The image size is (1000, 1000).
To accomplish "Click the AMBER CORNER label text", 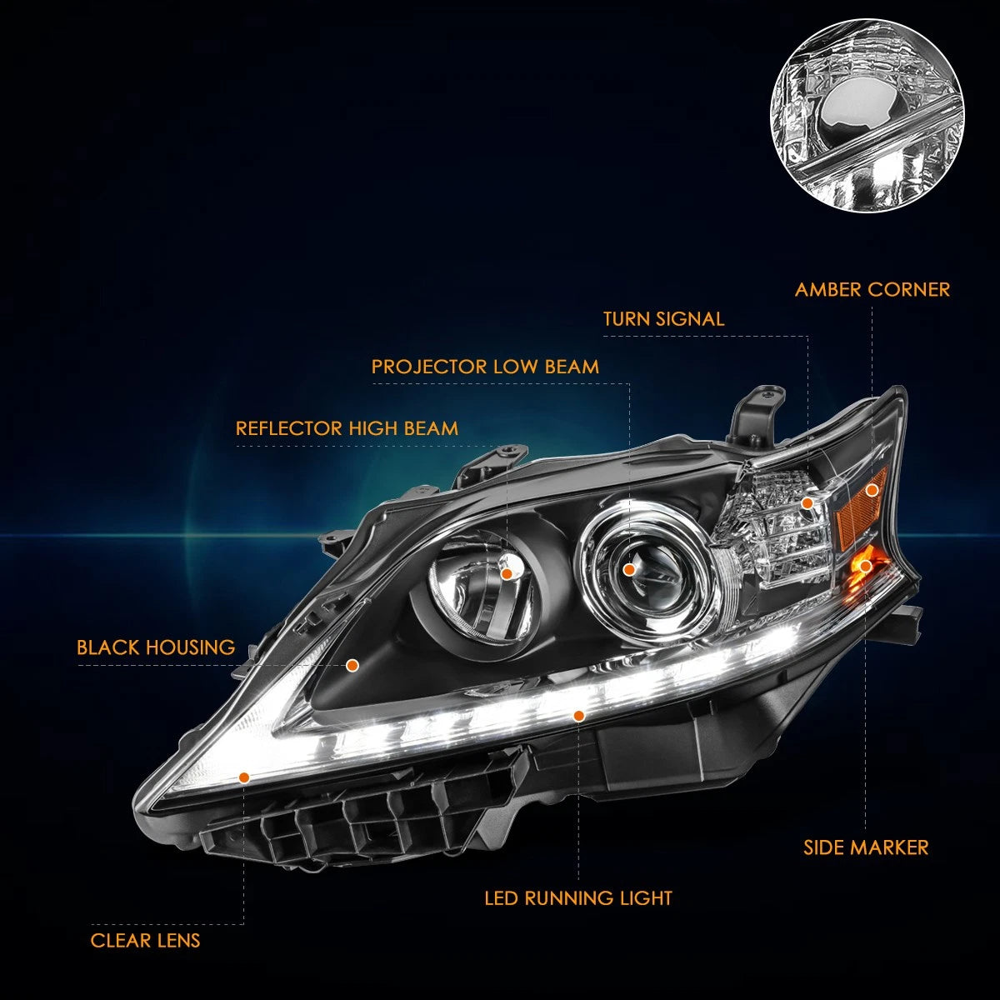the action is point(872,289).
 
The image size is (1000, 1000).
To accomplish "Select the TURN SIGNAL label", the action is point(663,318).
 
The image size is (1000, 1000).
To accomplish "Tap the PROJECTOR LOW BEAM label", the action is point(485,367).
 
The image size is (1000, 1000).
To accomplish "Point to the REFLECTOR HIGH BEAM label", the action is point(347,428).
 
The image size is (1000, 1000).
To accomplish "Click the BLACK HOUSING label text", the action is point(156,647).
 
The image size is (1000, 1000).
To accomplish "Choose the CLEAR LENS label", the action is point(145,940).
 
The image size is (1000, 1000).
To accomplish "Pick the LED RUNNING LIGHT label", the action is point(578,897).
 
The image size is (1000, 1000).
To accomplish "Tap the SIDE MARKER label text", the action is point(866,847).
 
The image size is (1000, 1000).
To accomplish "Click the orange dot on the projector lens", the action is point(629,570).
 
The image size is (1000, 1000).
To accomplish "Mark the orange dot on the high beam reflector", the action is point(507,573).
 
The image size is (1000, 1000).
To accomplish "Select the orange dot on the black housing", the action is point(352,665).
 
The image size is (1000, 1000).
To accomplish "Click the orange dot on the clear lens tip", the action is point(244,777).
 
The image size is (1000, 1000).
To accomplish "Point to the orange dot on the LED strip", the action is point(579,716).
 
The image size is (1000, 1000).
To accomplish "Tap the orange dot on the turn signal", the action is point(807,502).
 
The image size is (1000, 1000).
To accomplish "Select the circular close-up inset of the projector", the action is point(867,115).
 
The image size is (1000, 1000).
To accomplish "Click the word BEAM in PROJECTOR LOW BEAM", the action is point(572,367).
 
